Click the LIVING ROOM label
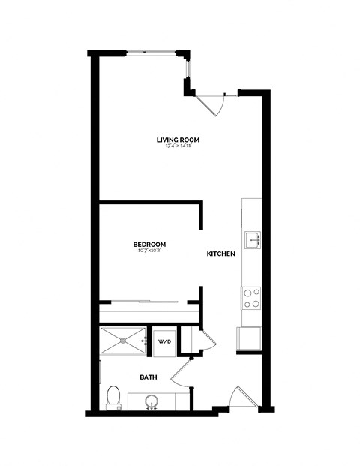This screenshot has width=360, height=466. pos(178,140)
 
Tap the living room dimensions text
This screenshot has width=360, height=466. pos(178,146)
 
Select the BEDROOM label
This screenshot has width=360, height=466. pos(149,245)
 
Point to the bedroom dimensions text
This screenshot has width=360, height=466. pos(149,251)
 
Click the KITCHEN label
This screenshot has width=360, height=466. pos(221,254)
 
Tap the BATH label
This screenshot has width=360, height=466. pos(147,377)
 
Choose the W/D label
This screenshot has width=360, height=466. pos(163,342)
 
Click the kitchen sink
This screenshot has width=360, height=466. pos(254,239)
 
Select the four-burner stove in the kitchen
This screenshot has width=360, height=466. pos(251,298)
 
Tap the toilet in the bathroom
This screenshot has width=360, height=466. pos(113,396)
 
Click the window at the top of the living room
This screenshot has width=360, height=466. pos(154,52)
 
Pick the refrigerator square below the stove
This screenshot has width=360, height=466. pos(250,339)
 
